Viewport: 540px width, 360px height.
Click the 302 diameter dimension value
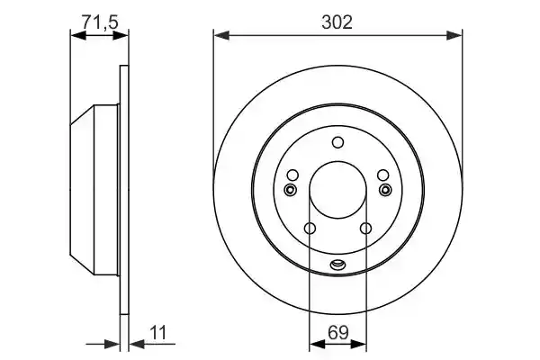click(x=337, y=22)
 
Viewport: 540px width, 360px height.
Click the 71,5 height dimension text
click(x=100, y=22)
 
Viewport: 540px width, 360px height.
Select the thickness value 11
click(x=158, y=333)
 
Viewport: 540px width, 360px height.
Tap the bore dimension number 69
click(x=338, y=332)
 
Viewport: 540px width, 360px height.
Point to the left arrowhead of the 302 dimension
click(x=221, y=35)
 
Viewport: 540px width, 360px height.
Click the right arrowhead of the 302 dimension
click(x=454, y=35)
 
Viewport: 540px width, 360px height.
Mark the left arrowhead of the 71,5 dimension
click(x=78, y=35)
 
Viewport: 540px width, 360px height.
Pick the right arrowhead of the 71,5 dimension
click(x=121, y=35)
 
